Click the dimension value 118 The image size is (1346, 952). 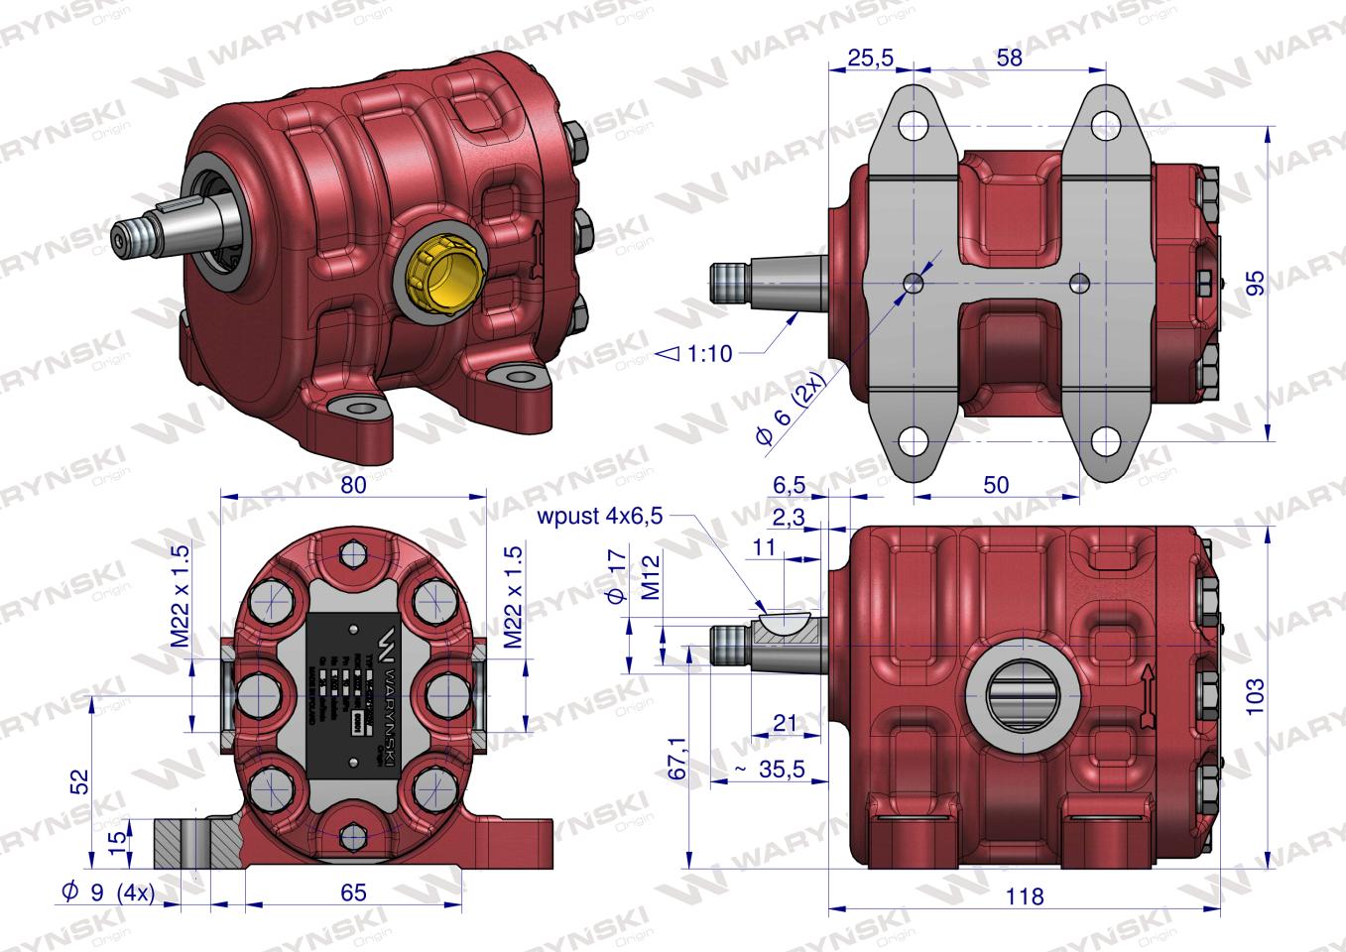point(1024,896)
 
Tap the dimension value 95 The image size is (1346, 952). point(1256,284)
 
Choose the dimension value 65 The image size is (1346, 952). point(353,892)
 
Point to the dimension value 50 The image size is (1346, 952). point(995,485)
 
